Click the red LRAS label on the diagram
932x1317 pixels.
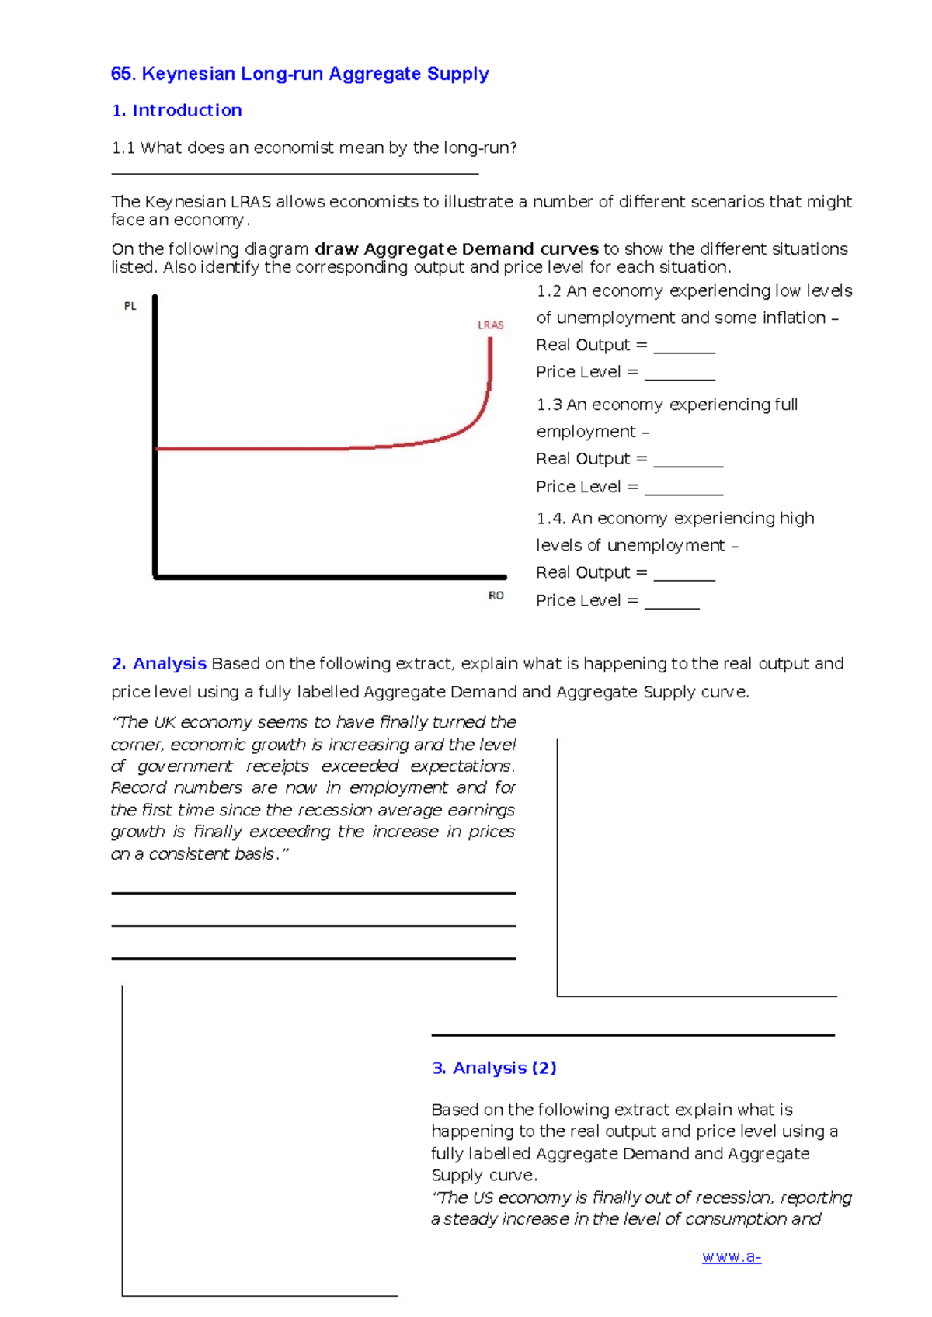point(490,325)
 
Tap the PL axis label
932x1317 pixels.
point(130,306)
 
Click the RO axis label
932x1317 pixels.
point(496,596)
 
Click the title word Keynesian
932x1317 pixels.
point(188,74)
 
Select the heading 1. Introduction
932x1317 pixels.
point(177,110)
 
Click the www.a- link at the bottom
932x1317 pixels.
point(731,1257)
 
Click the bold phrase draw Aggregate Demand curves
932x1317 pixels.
point(456,249)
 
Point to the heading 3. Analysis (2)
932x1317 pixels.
point(494,1068)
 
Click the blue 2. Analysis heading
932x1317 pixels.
point(159,664)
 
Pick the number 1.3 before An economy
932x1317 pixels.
point(548,405)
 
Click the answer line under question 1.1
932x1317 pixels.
point(295,172)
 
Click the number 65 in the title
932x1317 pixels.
point(122,74)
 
